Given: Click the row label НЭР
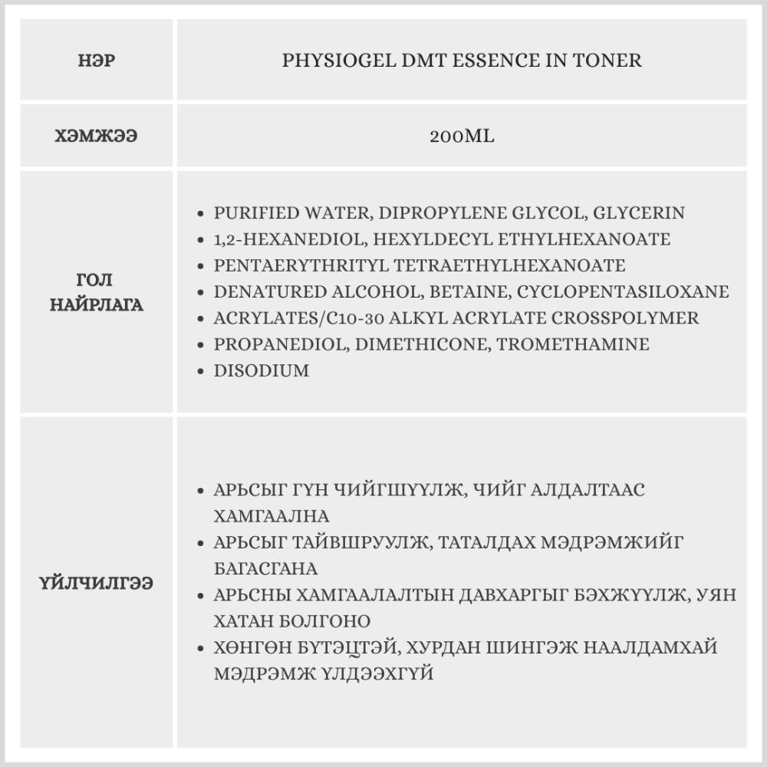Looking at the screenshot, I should point(96,60).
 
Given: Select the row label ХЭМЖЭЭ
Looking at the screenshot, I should point(96,137).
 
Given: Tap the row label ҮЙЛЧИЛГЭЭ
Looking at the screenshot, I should point(96,584).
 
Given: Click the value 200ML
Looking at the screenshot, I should point(462,137).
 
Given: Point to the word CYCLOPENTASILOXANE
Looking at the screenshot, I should point(623,292).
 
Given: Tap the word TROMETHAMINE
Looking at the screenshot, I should point(573,344).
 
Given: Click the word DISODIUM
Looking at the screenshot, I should point(262,370).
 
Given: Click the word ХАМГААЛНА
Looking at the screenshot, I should point(272,515).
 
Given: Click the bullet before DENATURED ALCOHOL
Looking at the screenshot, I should point(201,292).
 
